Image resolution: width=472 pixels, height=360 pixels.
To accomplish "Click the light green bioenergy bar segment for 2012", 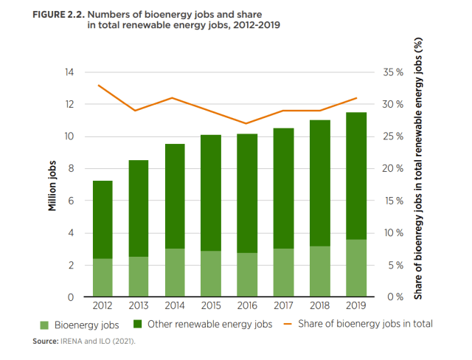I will point(103,278).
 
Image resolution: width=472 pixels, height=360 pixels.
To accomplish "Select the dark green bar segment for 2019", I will point(356,176).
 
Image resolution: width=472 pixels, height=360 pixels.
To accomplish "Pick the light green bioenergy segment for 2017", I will point(284,273).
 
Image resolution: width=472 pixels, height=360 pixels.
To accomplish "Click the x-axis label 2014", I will point(175,305).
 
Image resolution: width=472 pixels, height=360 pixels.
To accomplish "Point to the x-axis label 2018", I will point(320,305).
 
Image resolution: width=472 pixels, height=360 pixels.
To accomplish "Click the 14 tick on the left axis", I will point(69,72).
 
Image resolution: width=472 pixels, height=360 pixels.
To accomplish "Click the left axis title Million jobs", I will point(52,184).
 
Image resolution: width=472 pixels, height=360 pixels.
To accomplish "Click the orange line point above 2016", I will point(247,123).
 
